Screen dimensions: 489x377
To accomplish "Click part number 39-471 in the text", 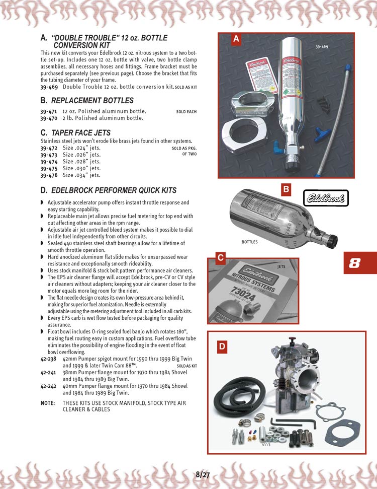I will [x=48, y=111].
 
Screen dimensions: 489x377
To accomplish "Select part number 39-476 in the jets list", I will [x=48, y=176].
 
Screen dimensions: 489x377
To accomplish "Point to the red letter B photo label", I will [x=286, y=189].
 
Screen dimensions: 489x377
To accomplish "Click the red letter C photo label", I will [x=220, y=258].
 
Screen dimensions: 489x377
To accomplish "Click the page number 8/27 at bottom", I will [x=203, y=474].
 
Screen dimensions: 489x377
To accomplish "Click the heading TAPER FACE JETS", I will [x=80, y=133].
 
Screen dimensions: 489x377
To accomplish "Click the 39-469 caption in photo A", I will [x=322, y=47].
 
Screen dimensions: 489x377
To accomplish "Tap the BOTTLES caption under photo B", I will [x=249, y=242].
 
